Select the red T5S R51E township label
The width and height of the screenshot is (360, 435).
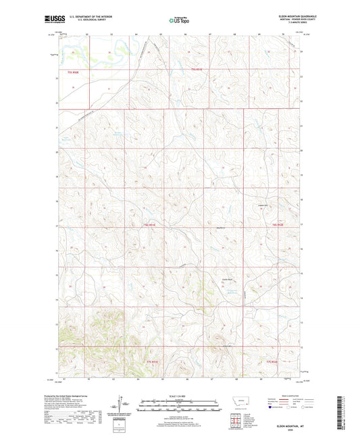coord(196,70)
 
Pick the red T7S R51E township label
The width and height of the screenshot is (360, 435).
coord(153,362)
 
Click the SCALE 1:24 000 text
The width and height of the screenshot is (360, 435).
coord(180,395)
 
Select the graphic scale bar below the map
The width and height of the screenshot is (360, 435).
coord(180,407)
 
